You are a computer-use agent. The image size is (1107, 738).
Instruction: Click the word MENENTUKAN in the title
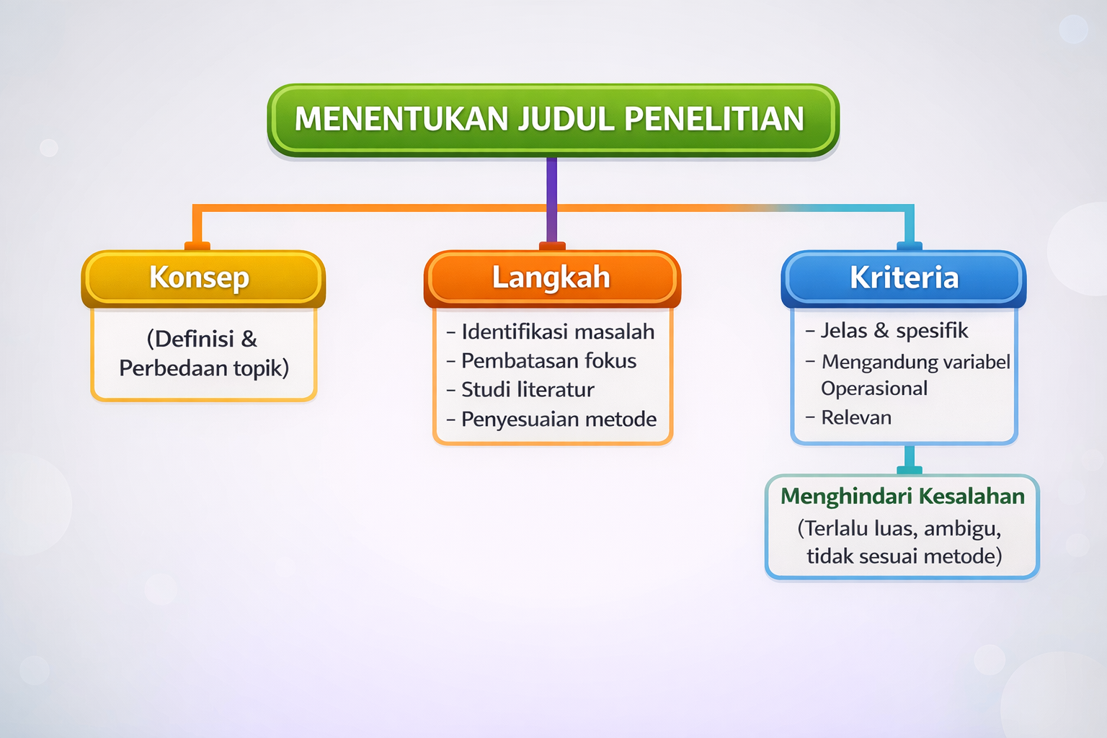(401, 119)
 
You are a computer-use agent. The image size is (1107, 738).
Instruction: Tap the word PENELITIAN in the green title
(714, 119)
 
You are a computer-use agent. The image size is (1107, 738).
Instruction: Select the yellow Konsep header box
(203, 279)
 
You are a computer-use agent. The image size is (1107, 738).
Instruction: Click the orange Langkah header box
(552, 279)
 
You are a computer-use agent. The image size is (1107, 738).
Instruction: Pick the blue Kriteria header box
(903, 279)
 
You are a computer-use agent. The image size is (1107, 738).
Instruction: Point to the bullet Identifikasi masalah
(551, 332)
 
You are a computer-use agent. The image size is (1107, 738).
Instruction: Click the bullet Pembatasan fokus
(541, 361)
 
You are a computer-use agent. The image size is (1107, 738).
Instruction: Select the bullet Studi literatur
(520, 389)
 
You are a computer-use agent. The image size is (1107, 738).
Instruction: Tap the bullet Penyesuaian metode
(551, 419)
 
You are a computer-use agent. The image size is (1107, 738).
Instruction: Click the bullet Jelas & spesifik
(886, 331)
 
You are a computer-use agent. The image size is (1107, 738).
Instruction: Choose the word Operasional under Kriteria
(873, 388)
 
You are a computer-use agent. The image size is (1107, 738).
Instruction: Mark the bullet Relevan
(848, 418)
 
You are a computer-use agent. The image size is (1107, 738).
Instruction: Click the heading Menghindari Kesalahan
(902, 497)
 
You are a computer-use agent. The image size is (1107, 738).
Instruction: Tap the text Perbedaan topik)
(204, 368)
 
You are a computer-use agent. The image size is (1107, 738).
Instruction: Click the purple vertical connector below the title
(551, 200)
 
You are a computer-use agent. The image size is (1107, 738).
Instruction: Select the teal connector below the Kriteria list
(910, 457)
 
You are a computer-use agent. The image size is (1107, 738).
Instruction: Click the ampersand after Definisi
(249, 339)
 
